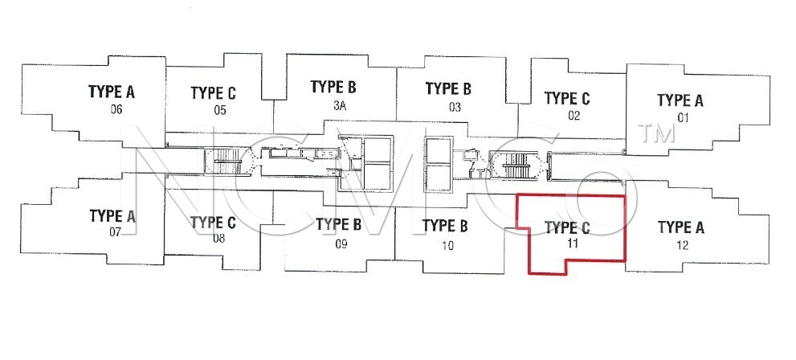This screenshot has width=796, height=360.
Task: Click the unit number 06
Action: (x=116, y=109)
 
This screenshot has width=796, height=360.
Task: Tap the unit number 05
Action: (x=220, y=110)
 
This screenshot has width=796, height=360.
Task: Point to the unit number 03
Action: (x=455, y=107)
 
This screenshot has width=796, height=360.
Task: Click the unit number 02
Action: (x=574, y=116)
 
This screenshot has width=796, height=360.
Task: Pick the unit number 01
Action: (x=683, y=118)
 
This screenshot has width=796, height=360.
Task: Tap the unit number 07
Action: (x=115, y=232)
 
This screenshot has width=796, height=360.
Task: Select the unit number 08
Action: (x=218, y=238)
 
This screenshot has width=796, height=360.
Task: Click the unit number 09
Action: (x=341, y=244)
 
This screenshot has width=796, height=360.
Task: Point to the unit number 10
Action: (x=447, y=246)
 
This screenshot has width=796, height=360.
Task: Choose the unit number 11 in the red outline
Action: (x=573, y=243)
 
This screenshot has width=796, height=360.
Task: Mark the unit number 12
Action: (x=683, y=246)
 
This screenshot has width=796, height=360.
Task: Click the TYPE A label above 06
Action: (x=112, y=92)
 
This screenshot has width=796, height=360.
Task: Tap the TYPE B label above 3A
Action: (x=333, y=88)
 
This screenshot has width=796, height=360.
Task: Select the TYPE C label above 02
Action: (x=567, y=99)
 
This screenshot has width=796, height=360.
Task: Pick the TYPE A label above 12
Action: (x=681, y=227)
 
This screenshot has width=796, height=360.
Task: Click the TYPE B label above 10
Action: (x=445, y=226)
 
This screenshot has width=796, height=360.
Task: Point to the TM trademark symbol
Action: (x=657, y=133)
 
